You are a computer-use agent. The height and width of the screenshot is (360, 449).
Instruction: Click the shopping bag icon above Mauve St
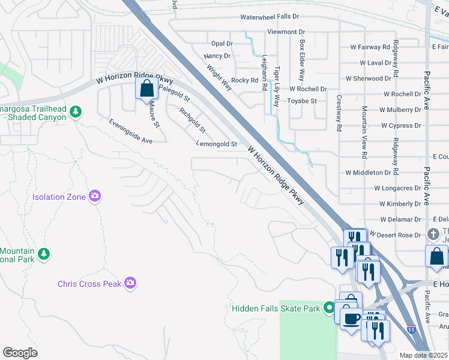pos(147,90)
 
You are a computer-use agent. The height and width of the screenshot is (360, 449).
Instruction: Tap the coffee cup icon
pos(351,318)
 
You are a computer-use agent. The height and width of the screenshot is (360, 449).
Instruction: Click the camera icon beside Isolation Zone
pos(94,196)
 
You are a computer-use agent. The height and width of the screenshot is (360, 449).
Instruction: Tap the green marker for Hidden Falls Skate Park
pos(328,308)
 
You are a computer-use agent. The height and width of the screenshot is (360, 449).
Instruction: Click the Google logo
pos(20,353)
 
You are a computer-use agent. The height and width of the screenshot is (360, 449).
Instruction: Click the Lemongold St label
pos(217,144)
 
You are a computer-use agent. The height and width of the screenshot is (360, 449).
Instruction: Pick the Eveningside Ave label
pos(131,130)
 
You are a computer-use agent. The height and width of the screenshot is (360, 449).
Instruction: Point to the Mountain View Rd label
pos(364,132)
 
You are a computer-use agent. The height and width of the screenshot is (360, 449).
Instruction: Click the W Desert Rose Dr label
pos(396,235)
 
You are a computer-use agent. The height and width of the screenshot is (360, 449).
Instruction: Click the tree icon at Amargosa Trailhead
pos(75,112)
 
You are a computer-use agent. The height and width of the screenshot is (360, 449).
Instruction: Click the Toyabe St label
pos(302,101)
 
